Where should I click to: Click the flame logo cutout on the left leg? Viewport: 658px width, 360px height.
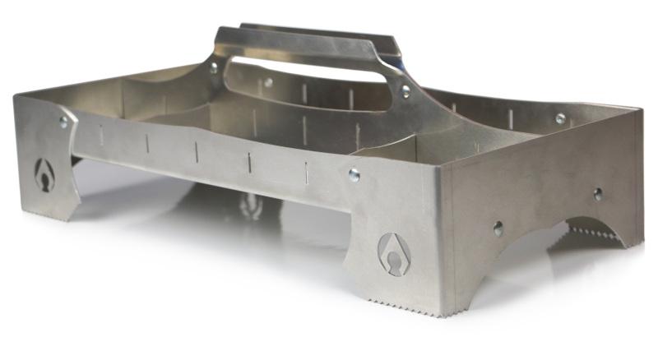coord(44,174)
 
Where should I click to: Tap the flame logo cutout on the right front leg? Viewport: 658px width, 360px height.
coord(392,252)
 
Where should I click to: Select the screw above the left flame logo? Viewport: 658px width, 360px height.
coord(63,122)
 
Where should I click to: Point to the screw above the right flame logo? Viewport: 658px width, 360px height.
coord(354,173)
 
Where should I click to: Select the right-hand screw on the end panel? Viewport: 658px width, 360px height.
coord(598,194)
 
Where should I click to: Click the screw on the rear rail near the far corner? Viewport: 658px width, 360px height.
coord(560,119)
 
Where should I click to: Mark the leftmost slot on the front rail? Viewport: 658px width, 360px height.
coord(101,135)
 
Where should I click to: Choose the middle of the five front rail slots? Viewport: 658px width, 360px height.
coord(197,150)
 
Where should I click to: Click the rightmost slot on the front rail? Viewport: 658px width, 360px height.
coord(306,170)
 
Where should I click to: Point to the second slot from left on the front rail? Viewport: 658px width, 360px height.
coord(147,143)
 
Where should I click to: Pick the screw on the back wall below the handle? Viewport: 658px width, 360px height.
coord(268,82)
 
